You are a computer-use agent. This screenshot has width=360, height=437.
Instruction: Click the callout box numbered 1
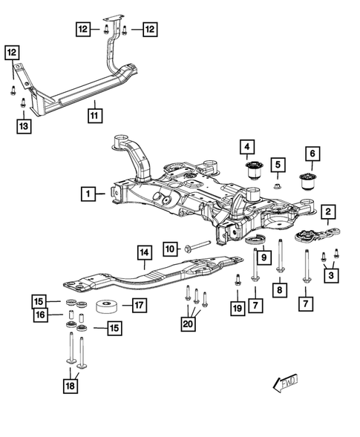(x=89, y=194)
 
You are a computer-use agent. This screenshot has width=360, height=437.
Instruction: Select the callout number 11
(x=95, y=116)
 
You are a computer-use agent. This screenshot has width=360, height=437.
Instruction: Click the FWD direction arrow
(x=285, y=384)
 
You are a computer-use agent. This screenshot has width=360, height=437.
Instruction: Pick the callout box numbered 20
(x=188, y=323)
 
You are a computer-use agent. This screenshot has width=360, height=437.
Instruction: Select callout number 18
(x=71, y=384)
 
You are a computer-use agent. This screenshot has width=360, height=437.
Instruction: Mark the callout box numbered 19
(x=236, y=307)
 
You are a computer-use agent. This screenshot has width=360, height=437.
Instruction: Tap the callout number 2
(x=327, y=214)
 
